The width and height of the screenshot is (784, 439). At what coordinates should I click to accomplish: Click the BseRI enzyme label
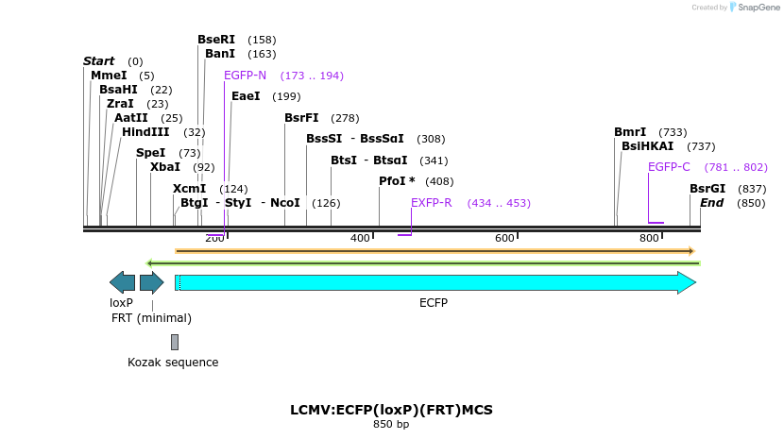[x=216, y=40]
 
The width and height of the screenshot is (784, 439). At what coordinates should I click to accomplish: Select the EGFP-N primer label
[x=245, y=76]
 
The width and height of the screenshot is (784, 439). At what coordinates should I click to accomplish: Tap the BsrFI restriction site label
[x=301, y=118]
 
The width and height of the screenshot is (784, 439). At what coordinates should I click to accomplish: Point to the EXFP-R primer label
[x=431, y=203]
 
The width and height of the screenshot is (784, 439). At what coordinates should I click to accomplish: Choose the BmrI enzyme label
[x=630, y=132]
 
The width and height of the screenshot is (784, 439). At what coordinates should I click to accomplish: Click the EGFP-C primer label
[x=669, y=167]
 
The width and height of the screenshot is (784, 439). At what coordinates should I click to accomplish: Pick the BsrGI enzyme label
[x=707, y=189]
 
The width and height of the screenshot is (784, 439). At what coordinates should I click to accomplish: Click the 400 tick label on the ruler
[x=360, y=238]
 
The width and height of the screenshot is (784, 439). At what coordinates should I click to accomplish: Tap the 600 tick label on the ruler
[x=504, y=238]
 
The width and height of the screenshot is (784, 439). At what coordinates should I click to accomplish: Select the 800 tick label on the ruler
[x=649, y=238]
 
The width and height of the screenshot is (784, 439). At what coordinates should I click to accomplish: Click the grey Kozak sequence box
[x=174, y=342]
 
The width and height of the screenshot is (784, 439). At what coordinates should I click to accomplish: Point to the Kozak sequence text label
[x=173, y=363]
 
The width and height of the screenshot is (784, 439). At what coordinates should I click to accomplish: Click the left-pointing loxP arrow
[x=122, y=281]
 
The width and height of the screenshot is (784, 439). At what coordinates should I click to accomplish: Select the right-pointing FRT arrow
[x=151, y=281]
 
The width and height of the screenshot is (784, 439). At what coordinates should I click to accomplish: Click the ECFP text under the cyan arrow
[x=434, y=303]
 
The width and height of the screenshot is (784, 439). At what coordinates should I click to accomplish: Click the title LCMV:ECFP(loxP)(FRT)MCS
[x=391, y=411]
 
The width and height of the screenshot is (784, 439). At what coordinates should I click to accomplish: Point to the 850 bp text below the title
[x=391, y=425]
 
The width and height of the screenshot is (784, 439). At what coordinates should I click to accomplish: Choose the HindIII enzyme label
[x=145, y=132]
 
